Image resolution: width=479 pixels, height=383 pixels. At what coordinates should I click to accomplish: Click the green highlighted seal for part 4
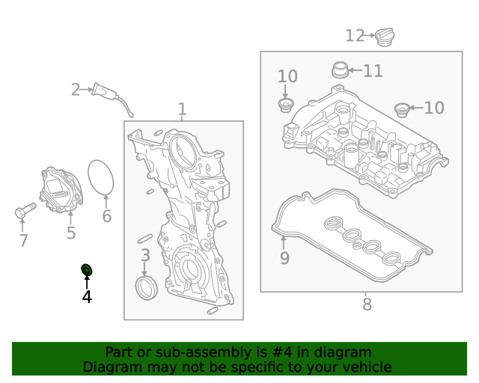point(87,269)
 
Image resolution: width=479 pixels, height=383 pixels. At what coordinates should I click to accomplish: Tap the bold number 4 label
point(87,297)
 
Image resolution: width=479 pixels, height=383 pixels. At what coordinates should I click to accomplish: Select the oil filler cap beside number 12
point(385,36)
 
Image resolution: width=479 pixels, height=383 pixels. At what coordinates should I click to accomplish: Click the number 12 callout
point(354,35)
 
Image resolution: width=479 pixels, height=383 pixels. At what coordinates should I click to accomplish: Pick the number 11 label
point(373,71)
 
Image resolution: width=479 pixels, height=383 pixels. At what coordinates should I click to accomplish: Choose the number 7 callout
point(23,240)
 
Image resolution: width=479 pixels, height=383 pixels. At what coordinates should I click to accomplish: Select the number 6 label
point(106,216)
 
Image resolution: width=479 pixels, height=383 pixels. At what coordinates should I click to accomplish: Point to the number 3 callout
point(145,255)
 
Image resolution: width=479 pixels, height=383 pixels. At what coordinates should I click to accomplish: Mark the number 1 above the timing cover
point(182,110)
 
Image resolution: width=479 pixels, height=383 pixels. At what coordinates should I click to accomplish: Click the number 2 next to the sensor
point(76,90)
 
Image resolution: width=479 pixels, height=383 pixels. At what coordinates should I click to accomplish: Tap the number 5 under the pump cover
point(71,233)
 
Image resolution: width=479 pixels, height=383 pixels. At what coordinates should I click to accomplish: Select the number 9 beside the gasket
point(284,259)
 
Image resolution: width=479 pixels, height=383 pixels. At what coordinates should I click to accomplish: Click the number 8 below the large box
point(367,304)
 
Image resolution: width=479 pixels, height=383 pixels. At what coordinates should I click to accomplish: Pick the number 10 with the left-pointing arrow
point(434,108)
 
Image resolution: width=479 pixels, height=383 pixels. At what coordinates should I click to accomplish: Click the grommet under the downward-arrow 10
point(285,103)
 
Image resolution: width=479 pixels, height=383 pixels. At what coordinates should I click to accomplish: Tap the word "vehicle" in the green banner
point(362,367)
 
